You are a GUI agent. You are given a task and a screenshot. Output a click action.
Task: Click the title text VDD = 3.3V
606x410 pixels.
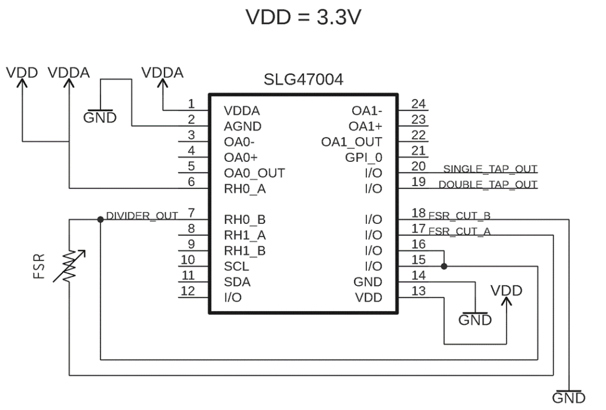point(302,17)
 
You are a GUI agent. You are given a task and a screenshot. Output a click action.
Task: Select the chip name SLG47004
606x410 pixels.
point(302,79)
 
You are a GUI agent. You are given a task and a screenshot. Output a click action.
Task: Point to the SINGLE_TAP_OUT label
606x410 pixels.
point(490,169)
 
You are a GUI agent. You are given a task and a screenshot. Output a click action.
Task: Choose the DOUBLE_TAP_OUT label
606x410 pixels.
point(488,185)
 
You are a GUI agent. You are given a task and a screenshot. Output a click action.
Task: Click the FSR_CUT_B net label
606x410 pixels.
point(459,215)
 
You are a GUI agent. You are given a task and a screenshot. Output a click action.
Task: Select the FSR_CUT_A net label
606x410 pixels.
point(459,231)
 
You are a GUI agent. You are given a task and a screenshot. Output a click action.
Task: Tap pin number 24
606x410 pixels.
point(418,104)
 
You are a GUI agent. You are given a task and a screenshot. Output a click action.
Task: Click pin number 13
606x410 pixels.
point(418,290)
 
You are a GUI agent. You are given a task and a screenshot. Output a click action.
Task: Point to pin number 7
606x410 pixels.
point(191,212)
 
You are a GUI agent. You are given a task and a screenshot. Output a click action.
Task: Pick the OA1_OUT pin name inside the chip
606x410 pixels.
point(352,142)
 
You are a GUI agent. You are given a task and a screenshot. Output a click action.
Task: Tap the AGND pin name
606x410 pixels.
point(243,126)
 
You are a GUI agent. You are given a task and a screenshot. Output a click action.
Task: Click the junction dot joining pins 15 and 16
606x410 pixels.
point(444,266)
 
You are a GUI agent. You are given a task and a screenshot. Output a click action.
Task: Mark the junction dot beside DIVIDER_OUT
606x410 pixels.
point(100,219)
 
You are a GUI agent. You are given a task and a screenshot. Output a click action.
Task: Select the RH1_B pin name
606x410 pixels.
point(245,250)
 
